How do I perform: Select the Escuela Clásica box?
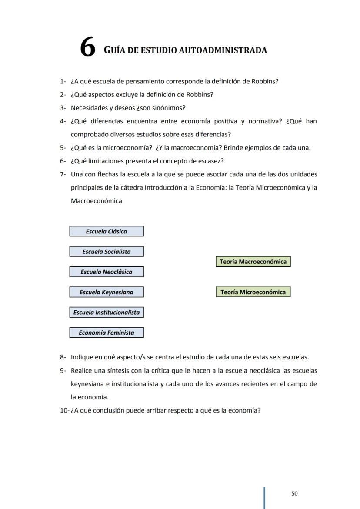[x=107, y=231]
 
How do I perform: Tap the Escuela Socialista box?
[x=107, y=252]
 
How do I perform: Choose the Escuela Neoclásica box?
[x=107, y=272]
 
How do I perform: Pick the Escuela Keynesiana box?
[x=107, y=292]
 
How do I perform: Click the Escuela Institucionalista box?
[x=107, y=313]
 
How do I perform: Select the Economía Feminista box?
[x=107, y=333]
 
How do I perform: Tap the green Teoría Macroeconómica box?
[x=253, y=262]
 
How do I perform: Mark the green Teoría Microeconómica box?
[x=253, y=292]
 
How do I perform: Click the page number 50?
[x=294, y=493]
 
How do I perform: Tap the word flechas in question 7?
[x=106, y=174]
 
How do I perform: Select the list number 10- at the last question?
[x=64, y=410]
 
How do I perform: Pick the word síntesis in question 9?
[x=117, y=371]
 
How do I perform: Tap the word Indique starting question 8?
[x=82, y=357]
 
